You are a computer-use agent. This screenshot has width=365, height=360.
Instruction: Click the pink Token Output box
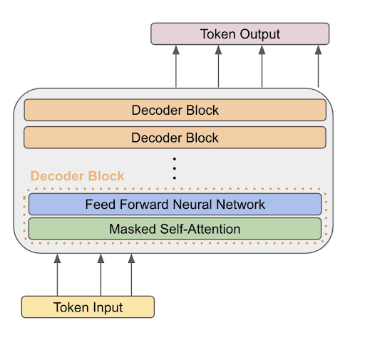coord(240,34)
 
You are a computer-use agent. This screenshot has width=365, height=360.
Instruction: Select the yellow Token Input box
coord(88,307)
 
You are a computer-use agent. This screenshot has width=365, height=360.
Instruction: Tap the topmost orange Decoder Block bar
coord(175,110)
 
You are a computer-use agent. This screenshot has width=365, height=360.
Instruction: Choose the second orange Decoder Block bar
coord(175,138)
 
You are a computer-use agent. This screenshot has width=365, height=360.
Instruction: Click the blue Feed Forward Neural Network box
coord(175,205)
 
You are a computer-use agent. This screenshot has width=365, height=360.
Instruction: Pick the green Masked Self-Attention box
coord(175,229)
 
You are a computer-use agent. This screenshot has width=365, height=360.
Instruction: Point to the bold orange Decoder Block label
coord(77,176)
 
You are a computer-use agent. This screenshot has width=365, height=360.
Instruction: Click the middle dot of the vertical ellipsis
coord(175,168)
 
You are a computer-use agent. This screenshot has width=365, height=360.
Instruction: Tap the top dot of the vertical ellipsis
coord(175,158)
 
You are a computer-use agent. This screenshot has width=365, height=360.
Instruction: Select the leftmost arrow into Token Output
coord(175,67)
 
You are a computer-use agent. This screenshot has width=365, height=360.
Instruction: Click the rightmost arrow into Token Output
coord(318,67)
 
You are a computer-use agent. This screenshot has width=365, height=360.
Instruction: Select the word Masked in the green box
coord(133,230)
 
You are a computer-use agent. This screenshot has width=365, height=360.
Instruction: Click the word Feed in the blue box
coord(99,205)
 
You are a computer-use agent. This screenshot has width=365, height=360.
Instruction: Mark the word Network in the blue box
coord(240,205)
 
